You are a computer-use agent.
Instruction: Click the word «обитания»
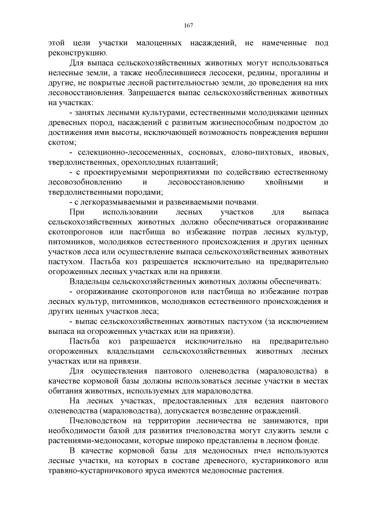tap(68, 390)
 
